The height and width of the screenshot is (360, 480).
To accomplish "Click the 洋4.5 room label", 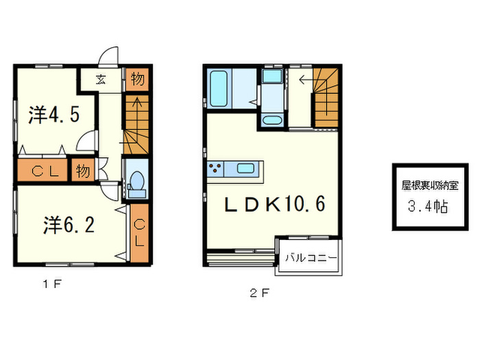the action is (54, 115).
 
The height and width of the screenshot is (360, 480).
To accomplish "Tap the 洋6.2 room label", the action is (69, 225).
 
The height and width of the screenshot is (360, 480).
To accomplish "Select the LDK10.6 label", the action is (274, 204).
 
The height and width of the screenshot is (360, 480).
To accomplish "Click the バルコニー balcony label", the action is (311, 258).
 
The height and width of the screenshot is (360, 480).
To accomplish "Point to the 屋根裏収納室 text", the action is (430, 186).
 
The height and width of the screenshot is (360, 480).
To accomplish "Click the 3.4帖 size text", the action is (429, 206).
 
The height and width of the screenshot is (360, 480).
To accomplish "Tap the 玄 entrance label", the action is (101, 80).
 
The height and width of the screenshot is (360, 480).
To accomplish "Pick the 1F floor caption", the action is (52, 285).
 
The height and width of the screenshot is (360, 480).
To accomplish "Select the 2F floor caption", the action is (260, 293).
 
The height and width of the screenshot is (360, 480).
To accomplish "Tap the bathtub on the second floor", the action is (219, 88).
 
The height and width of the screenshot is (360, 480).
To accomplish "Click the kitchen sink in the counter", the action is (245, 169).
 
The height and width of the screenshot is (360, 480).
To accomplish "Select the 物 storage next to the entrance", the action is (137, 80).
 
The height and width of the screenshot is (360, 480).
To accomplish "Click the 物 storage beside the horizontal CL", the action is (83, 171).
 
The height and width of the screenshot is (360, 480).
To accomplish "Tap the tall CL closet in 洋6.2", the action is (139, 233).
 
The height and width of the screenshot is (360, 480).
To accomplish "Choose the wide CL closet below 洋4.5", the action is (43, 170).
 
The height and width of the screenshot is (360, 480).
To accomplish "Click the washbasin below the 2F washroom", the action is (272, 120).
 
